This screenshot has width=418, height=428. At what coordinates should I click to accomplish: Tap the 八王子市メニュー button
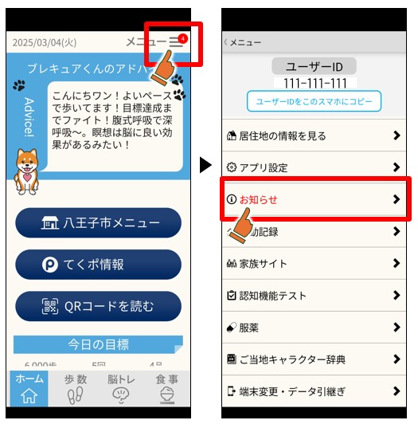tap(98, 222)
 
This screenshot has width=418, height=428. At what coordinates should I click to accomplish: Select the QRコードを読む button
tap(98, 305)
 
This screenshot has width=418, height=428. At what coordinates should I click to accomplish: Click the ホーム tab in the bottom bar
tap(29, 388)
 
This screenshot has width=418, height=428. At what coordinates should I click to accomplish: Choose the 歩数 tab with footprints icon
tap(76, 388)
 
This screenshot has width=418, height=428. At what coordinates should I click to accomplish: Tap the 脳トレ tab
tap(122, 388)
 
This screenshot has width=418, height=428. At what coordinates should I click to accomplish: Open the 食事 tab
tap(167, 388)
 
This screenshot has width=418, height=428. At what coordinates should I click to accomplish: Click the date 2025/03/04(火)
tap(45, 41)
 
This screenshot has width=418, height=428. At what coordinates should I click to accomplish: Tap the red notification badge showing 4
tap(183, 37)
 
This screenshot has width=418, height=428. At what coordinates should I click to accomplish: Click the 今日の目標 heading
tap(98, 344)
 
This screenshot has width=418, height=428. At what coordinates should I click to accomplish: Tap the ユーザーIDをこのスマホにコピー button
tap(314, 101)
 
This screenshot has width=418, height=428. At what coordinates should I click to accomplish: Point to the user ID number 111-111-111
tap(314, 83)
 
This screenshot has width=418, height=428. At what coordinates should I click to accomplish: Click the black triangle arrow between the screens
tap(205, 165)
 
